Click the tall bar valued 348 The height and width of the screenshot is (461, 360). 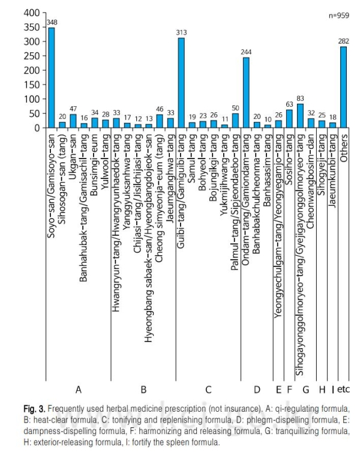point(52,78)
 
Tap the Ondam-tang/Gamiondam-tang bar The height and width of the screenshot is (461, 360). point(246,93)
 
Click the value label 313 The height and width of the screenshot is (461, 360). point(181,32)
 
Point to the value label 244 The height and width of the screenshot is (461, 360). point(246,52)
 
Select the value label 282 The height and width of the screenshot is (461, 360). point(343,41)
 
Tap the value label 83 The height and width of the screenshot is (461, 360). point(300,98)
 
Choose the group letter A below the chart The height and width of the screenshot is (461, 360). point(79,390)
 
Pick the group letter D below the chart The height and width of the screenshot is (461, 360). point(257,390)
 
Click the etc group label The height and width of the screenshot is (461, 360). point(343,390)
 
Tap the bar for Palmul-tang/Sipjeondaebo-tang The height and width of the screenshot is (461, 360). point(235,121)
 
